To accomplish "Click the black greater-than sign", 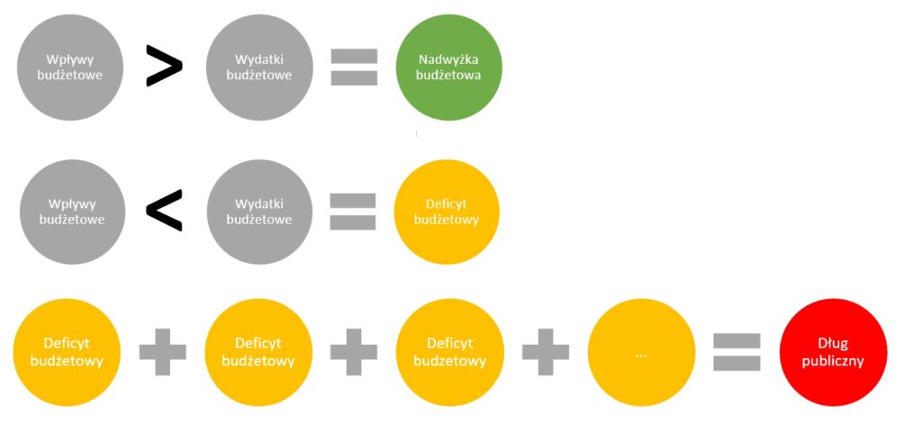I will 164,67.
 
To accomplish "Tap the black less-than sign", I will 164,211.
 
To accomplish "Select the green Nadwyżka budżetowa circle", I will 448,68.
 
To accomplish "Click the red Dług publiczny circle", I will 834,352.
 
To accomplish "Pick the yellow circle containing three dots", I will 641,353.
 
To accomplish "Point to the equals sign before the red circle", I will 737,352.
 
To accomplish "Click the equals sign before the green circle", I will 353,67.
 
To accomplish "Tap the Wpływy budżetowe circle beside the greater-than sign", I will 69,68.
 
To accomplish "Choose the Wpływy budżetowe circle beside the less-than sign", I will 72,212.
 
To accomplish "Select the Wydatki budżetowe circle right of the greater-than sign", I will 258,68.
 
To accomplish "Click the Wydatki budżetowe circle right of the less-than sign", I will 259,212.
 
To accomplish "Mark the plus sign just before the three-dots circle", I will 546,352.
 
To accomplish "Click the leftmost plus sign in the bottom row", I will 162,352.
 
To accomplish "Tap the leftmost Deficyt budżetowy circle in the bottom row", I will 68,352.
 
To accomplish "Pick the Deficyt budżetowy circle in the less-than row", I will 447,212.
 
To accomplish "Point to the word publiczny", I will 834,361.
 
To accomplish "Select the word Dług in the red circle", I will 834,344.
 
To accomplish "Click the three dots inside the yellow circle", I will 641,355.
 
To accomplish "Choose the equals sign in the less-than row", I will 352,212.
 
